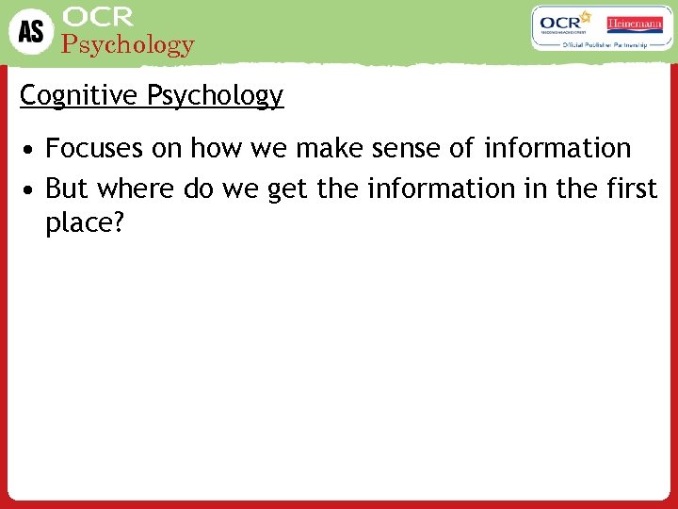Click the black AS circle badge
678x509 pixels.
coord(31,30)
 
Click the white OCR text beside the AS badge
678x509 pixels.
coord(98,17)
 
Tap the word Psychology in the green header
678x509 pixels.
coord(127,44)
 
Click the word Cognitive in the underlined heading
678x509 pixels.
coord(80,96)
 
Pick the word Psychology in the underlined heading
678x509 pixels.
coord(215,96)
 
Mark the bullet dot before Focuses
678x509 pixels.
coord(31,150)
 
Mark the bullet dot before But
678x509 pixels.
coord(31,190)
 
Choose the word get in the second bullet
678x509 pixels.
coord(288,190)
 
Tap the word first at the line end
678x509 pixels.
coord(628,189)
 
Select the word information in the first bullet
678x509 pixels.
coord(557,148)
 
